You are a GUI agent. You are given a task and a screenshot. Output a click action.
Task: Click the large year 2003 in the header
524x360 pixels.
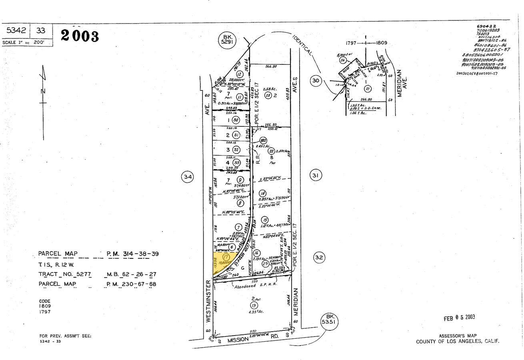tap(80, 36)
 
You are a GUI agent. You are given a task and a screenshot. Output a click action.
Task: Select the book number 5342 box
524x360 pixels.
tap(16, 30)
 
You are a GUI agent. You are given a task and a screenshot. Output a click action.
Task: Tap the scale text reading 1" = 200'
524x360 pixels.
tap(27, 42)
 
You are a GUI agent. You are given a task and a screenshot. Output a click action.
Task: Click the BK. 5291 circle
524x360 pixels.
tap(228, 40)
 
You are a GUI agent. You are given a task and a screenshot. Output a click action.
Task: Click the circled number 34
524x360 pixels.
tap(188, 176)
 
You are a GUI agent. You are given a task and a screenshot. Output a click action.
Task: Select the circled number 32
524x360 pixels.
tap(319, 257)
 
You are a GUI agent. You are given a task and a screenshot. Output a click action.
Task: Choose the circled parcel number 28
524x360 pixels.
tap(268, 95)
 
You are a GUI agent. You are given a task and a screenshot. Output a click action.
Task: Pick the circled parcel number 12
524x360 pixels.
tap(240, 74)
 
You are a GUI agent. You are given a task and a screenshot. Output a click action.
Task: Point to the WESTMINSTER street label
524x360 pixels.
tap(208, 301)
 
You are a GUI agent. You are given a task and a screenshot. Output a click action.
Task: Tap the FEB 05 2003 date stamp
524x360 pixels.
tap(459, 318)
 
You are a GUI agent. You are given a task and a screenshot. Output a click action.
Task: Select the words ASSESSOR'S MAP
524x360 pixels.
tap(458, 336)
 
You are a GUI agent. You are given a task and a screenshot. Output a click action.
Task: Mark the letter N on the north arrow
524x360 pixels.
tap(43, 91)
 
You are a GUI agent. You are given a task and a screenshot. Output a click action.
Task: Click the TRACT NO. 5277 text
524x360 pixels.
tap(65, 274)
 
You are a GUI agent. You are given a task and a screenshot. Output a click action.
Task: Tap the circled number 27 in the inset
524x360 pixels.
tap(367, 89)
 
